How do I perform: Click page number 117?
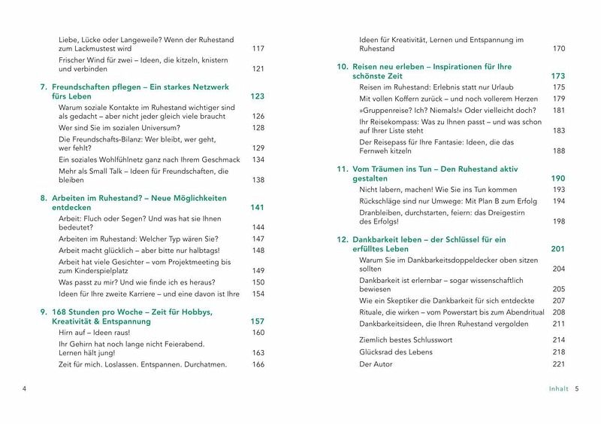258,49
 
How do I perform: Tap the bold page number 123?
257,96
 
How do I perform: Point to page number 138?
258,180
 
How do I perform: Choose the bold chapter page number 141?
257,207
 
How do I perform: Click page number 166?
258,364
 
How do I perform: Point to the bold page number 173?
557,77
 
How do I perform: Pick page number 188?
558,151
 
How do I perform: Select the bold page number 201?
557,248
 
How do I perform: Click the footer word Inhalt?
557,389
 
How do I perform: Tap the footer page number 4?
25,389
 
